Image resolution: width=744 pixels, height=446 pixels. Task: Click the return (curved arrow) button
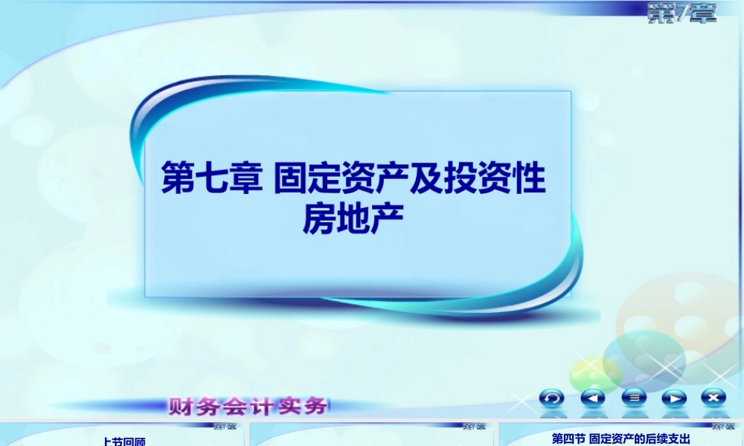coord(552,398)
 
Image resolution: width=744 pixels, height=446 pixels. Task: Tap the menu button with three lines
coord(634,398)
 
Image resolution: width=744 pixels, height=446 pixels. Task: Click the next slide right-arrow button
coord(674,398)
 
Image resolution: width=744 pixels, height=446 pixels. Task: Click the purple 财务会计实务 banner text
coord(248,407)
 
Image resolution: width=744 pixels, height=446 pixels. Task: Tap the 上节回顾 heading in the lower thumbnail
coord(124,441)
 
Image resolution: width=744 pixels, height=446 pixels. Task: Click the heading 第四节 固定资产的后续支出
coord(621,439)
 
